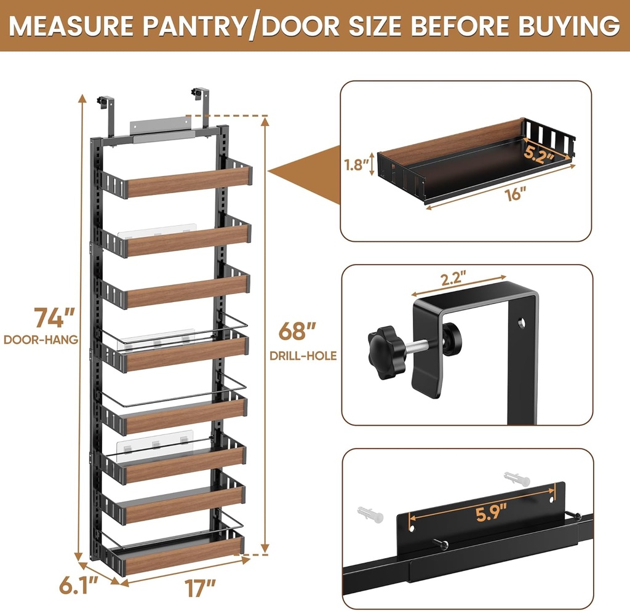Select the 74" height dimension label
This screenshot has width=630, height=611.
coord(55,319)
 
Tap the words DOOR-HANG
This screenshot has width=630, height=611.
coord(41,339)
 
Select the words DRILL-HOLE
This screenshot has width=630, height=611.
coord(303,356)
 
